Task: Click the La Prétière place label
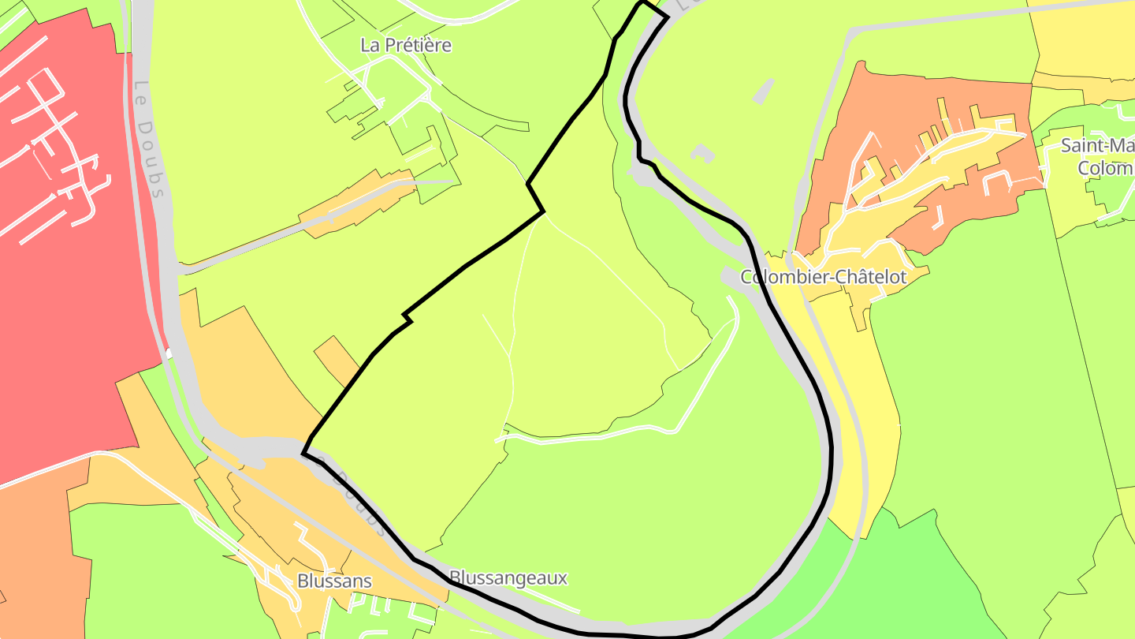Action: (406, 45)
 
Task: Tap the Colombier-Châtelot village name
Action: (824, 277)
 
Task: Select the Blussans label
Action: (334, 581)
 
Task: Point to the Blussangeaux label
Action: (508, 577)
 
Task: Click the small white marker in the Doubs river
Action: (169, 354)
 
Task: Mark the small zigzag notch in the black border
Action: (407, 317)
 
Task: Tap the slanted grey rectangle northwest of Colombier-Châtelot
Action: (763, 92)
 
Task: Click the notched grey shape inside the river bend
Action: (702, 152)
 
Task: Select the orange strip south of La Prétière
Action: (359, 201)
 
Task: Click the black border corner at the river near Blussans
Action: (303, 453)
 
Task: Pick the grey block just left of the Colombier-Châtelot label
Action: (729, 276)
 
